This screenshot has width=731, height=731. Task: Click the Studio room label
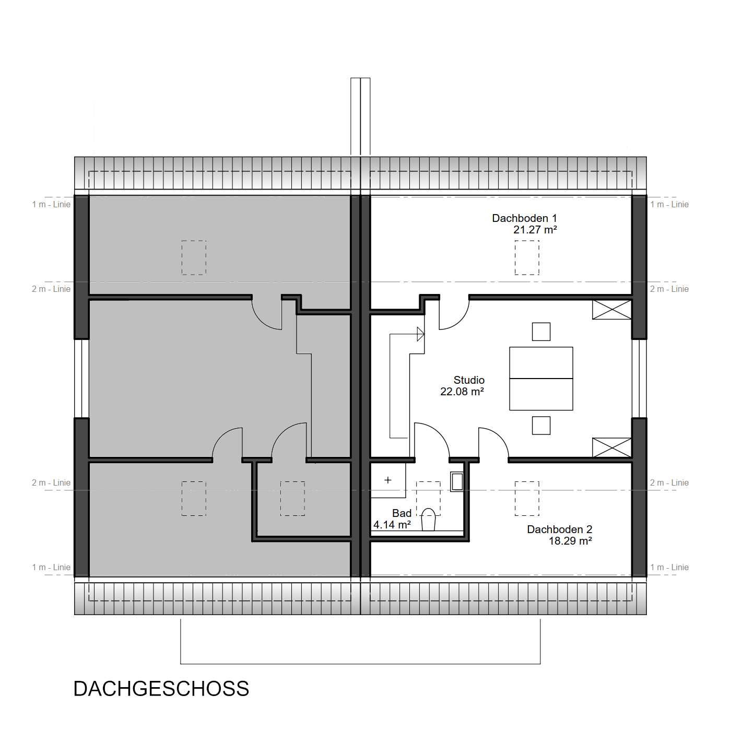click(469, 380)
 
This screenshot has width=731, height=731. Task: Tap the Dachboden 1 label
click(524, 218)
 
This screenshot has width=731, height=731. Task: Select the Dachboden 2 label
click(560, 529)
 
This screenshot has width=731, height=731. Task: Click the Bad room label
click(402, 513)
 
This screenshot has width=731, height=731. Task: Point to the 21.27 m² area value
click(535, 230)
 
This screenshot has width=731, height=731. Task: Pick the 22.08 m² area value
click(462, 391)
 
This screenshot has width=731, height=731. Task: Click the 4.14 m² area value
click(392, 525)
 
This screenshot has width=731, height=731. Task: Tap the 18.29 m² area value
click(571, 540)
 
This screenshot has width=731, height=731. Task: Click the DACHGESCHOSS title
click(161, 689)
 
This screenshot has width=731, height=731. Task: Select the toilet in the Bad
click(428, 520)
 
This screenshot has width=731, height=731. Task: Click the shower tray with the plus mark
click(388, 480)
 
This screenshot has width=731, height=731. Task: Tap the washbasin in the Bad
click(457, 482)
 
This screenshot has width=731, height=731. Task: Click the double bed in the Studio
click(541, 379)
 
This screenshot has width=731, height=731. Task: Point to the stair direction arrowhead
click(421, 334)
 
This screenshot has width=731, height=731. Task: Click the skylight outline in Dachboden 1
click(527, 257)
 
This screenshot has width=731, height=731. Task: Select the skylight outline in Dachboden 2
click(527, 499)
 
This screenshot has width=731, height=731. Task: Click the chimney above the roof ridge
click(360, 116)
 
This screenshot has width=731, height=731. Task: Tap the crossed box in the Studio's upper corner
click(612, 310)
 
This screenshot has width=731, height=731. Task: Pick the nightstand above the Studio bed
click(541, 332)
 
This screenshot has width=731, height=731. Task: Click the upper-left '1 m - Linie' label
click(51, 205)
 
